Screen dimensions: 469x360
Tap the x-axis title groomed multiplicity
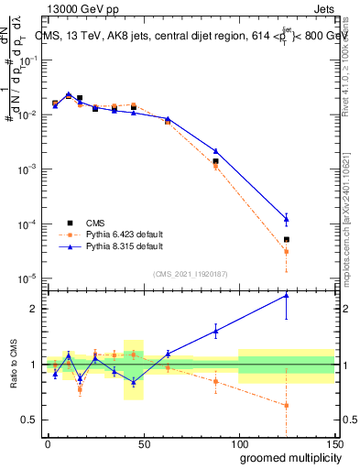pos(280,457)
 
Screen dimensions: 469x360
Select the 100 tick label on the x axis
pos(238,443)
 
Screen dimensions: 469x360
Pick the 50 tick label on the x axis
pos(143,443)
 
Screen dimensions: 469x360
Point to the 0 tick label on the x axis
pos(48,443)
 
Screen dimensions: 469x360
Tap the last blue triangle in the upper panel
pos(287,218)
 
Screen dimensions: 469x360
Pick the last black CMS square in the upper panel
pos(287,240)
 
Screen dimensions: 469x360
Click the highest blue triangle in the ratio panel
pos(287,295)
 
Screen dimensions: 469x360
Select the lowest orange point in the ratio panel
pos(287,405)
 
